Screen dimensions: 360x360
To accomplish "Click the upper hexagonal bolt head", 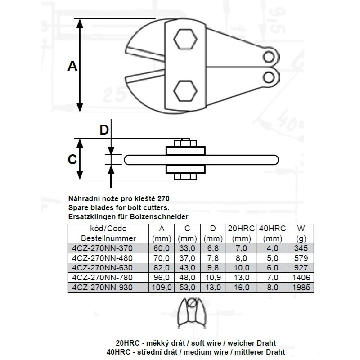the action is [x=185, y=39].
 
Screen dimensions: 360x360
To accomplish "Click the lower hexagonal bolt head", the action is [x=185, y=91].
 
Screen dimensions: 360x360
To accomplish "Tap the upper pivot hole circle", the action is [x=269, y=57].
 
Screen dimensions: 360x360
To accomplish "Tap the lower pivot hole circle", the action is [x=269, y=77].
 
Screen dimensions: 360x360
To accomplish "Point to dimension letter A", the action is [x=72, y=66].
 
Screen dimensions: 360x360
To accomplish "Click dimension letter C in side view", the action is [x=72, y=159].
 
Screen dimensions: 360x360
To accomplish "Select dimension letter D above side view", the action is [x=104, y=130].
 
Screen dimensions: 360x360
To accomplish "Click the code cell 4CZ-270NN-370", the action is [x=103, y=248].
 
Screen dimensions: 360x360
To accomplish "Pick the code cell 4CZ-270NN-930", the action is [x=103, y=287].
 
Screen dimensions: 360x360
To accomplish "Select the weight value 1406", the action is [x=301, y=277].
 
